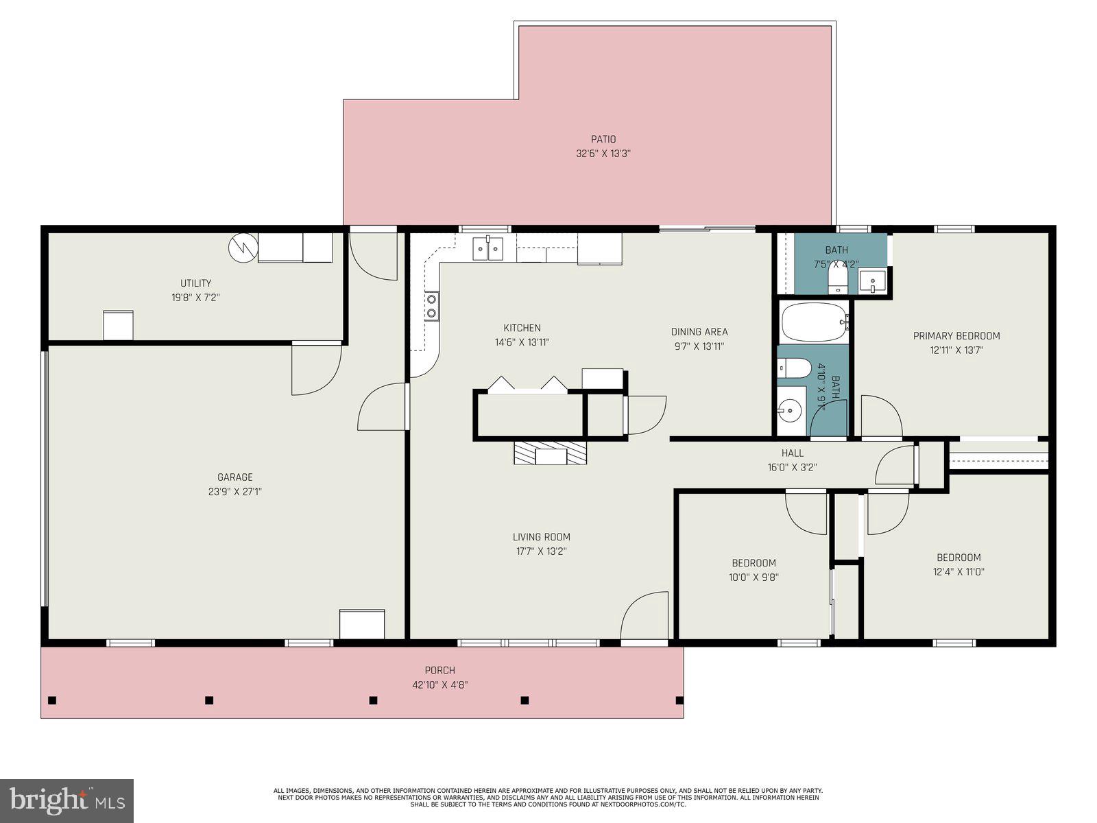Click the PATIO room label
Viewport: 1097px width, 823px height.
click(603, 139)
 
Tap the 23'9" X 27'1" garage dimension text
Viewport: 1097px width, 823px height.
click(235, 492)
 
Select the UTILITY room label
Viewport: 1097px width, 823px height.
click(195, 283)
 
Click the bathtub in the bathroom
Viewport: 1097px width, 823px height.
click(814, 323)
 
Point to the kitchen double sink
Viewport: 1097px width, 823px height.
click(487, 248)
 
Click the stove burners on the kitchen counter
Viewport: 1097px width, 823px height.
click(432, 306)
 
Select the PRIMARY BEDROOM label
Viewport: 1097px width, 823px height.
click(956, 336)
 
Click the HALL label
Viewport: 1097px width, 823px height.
click(792, 453)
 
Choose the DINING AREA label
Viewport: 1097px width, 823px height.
click(699, 332)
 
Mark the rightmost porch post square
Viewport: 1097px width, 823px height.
click(679, 700)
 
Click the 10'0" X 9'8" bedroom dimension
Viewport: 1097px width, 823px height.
click(754, 577)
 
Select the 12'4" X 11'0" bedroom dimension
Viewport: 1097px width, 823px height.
click(959, 572)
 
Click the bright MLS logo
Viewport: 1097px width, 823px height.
click(67, 800)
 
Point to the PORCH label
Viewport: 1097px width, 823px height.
click(439, 670)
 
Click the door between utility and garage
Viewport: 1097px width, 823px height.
click(315, 369)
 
